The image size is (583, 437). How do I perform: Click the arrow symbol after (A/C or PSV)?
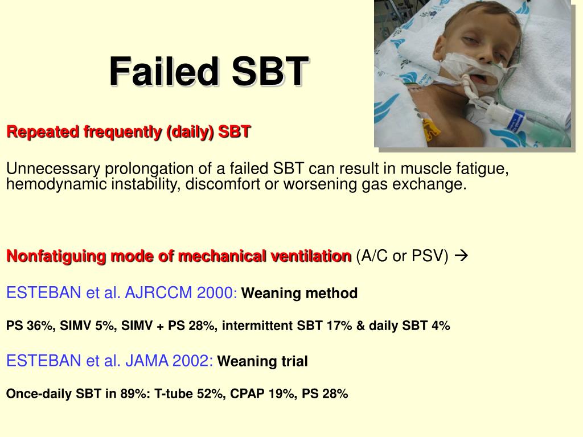(462, 257)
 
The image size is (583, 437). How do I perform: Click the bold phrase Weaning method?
(300, 294)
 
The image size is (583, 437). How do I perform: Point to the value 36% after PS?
(38, 326)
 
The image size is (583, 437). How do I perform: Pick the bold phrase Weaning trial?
(263, 361)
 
